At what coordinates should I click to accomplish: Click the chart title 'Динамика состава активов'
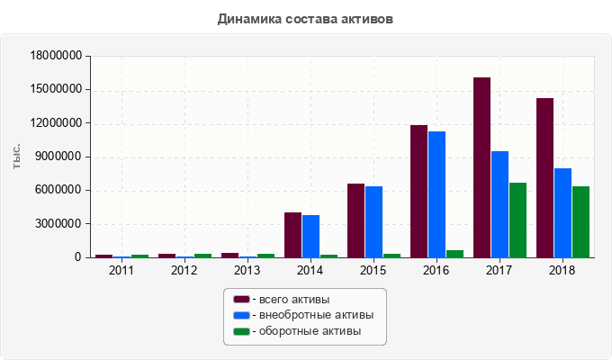point(306,18)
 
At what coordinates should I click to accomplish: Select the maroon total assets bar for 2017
point(481,167)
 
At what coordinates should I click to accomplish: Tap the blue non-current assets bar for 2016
point(436,194)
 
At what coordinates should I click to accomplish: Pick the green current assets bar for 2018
point(580,221)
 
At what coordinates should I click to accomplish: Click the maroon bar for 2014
point(292,235)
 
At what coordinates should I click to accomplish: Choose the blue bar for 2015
point(373,221)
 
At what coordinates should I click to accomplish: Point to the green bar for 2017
point(517,220)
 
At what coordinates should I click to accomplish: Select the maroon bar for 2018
point(544,177)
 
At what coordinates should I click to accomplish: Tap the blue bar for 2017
point(499,204)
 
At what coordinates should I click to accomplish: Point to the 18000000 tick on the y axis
point(56,56)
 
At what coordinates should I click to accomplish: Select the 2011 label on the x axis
point(121,269)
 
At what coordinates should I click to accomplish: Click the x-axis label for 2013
point(247,269)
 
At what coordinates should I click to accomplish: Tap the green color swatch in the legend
point(241,331)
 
